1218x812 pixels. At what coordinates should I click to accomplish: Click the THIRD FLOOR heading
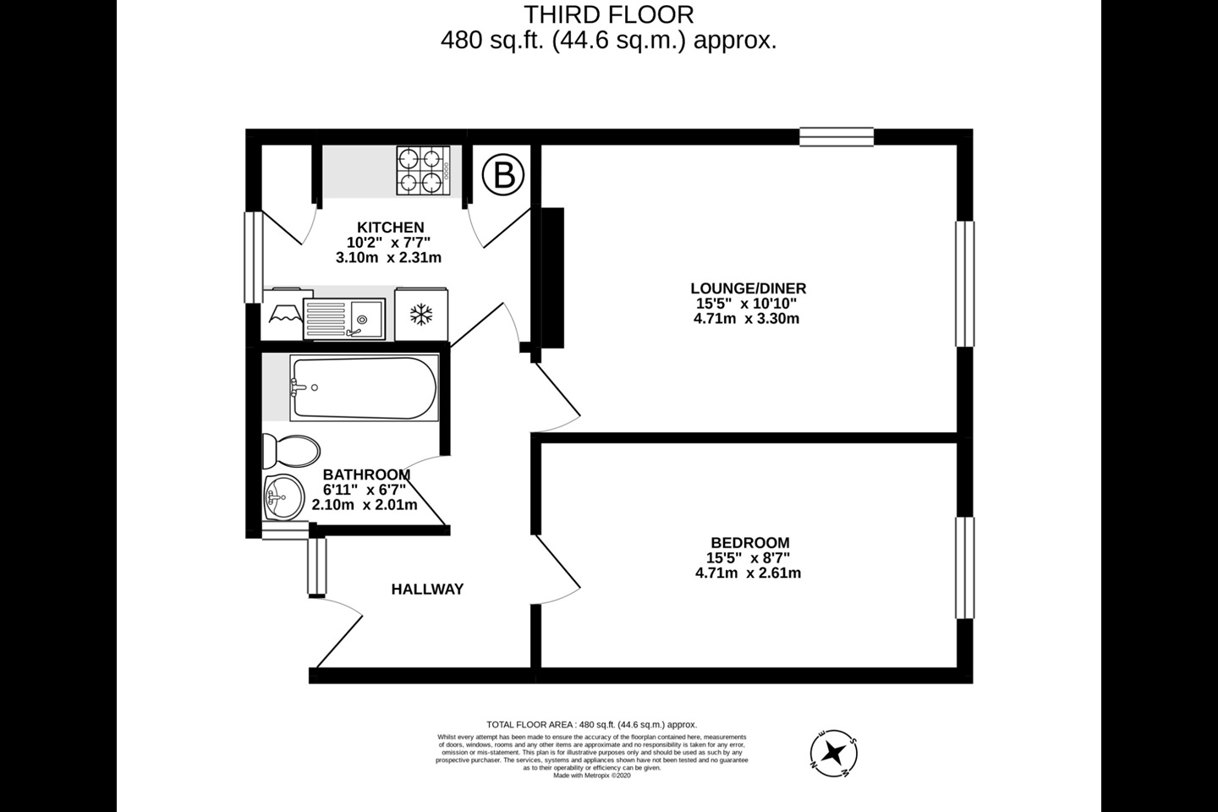click(x=608, y=14)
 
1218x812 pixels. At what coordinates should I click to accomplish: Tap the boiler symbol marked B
click(x=503, y=176)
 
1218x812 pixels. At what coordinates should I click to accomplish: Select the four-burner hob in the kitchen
click(x=422, y=171)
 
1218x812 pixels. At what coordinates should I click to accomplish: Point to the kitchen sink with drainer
click(x=344, y=318)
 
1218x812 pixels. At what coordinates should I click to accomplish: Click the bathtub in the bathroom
click(x=364, y=388)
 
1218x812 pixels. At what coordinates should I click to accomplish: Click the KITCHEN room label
click(x=390, y=228)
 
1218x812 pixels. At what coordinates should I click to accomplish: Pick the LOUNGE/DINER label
click(x=748, y=288)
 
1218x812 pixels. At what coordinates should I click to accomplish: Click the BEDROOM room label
click(x=749, y=543)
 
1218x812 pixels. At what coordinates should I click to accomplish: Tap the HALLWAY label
click(x=427, y=590)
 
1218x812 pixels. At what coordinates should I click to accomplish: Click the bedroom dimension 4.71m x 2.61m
click(x=748, y=573)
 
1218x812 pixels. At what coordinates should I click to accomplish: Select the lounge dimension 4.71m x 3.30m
click(x=746, y=319)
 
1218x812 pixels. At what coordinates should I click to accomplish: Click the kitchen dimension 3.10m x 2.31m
click(x=388, y=258)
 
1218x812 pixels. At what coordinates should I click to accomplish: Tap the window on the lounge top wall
click(x=837, y=137)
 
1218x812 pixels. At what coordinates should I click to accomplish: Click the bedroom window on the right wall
click(x=964, y=568)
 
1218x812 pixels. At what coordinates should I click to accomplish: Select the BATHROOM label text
click(x=366, y=475)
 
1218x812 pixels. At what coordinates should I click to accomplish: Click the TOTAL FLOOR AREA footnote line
click(x=591, y=725)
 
